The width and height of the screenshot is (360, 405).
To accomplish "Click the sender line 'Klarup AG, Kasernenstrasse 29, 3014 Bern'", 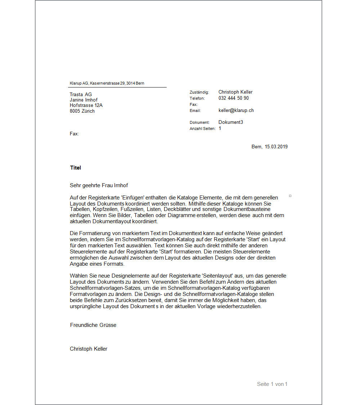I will (x=107, y=83).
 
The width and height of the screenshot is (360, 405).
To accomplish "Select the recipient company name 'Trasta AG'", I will (x=81, y=94).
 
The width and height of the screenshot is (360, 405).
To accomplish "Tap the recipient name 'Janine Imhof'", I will (x=84, y=100).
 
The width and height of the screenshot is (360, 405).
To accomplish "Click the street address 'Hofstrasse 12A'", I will (x=86, y=105).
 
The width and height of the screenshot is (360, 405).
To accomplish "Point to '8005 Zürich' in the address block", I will (x=82, y=111).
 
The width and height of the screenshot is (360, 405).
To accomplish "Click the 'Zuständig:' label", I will (x=199, y=93).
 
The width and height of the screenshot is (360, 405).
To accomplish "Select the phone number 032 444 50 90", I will (x=233, y=98).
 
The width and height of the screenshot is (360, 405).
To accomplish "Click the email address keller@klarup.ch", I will (x=236, y=110).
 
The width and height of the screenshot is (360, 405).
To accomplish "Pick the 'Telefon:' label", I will (x=197, y=98).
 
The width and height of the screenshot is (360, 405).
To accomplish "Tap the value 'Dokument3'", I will (x=230, y=122).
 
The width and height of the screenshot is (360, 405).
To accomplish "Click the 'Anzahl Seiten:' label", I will (x=202, y=129).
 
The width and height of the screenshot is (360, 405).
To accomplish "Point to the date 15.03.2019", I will (x=276, y=147).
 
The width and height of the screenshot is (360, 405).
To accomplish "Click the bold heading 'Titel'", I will (x=76, y=167).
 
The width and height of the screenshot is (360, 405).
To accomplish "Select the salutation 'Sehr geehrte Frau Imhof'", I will (x=99, y=185).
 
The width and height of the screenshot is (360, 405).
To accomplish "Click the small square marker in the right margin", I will (x=290, y=196).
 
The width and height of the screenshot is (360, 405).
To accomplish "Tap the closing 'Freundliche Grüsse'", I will (x=93, y=325).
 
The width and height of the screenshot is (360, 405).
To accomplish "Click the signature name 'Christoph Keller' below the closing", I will (x=89, y=348).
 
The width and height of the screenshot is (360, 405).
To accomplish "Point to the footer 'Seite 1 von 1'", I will (x=272, y=384).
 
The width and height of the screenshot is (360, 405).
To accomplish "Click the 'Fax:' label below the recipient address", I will (x=74, y=134).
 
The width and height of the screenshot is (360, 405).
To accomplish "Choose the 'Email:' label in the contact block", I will (x=195, y=111).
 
